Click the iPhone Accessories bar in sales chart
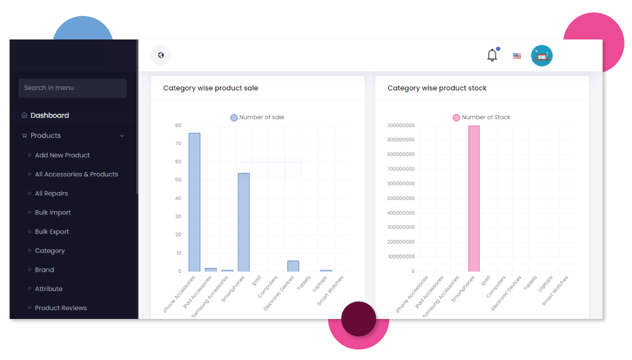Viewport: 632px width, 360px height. [x=194, y=202]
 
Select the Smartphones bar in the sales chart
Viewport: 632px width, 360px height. [x=243, y=222]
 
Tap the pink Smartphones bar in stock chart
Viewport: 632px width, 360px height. [x=474, y=198]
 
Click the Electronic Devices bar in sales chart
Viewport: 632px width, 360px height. [x=293, y=266]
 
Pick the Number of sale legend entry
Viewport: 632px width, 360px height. [x=257, y=117]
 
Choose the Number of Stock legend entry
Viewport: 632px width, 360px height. [x=481, y=117]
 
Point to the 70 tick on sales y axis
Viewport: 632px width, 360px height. [x=178, y=144]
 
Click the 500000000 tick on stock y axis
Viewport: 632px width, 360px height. [x=401, y=198]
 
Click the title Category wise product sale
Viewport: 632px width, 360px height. [x=211, y=88]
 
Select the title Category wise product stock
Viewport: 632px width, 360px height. [x=437, y=88]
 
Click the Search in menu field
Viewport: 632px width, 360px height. [x=72, y=88]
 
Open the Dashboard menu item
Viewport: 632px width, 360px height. [x=50, y=116]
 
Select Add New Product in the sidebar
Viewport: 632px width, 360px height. [x=62, y=155]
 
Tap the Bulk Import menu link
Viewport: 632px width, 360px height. [x=53, y=213]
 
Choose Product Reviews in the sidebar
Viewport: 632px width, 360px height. [x=61, y=308]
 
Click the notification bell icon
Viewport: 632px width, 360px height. [x=492, y=55]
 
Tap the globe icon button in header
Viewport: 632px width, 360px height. [x=161, y=55]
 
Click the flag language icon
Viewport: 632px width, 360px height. [x=517, y=56]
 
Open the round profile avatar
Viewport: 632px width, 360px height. [x=541, y=56]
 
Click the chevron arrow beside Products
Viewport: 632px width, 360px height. [x=122, y=136]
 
